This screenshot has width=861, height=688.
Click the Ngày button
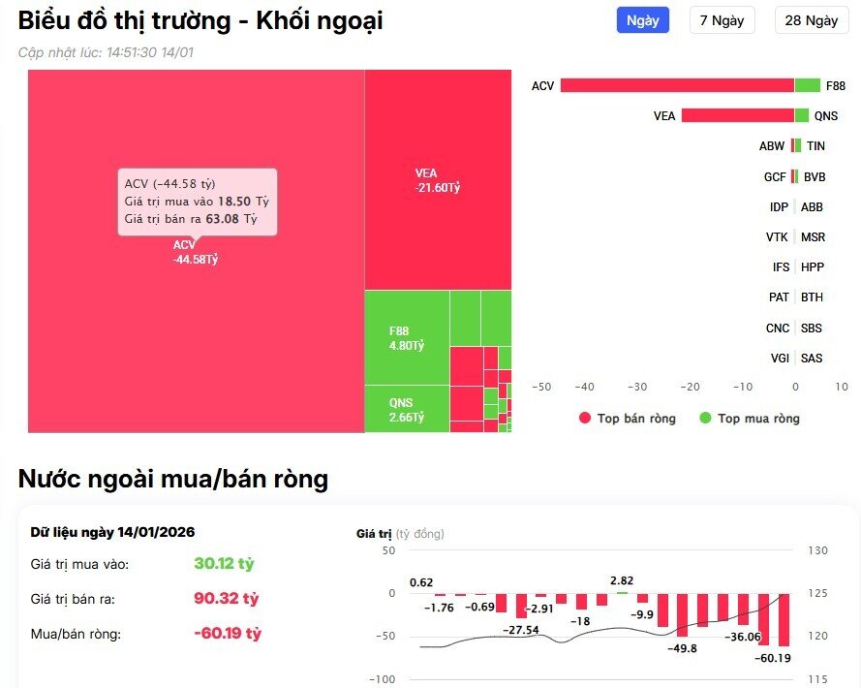(643, 20)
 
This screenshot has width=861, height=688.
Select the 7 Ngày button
(722, 20)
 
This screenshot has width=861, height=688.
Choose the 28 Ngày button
(811, 20)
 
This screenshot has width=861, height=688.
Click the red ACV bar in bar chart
(677, 85)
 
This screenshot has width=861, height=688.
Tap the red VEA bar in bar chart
(737, 115)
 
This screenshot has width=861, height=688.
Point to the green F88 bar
(807, 85)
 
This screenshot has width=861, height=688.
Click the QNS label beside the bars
(825, 116)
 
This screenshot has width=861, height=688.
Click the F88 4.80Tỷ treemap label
(407, 338)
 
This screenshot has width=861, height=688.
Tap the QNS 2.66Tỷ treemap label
(407, 411)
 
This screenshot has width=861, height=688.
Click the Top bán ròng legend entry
(627, 419)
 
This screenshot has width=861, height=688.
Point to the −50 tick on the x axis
(541, 387)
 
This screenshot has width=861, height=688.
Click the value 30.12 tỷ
(224, 563)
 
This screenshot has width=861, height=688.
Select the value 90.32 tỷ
(225, 599)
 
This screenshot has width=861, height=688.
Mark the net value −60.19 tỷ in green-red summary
(228, 634)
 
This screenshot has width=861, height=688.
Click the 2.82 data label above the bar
(622, 580)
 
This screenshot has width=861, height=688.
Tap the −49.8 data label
(682, 648)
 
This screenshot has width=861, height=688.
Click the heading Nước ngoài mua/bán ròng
(173, 479)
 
